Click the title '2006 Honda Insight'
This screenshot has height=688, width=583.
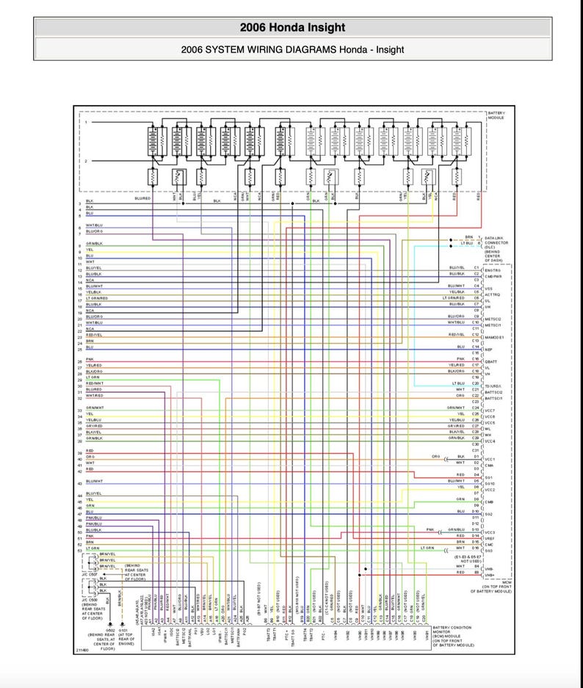point(291,28)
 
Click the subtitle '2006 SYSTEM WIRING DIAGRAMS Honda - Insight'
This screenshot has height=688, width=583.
point(291,49)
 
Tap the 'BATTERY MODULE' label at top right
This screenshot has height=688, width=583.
point(496,115)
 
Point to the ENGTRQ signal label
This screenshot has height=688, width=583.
point(493,270)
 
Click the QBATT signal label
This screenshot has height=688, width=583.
point(492,361)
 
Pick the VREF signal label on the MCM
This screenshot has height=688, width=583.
point(490,538)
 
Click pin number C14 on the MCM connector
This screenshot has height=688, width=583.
point(476,347)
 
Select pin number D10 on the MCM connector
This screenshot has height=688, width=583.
point(476,512)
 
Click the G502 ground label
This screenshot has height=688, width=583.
point(111,630)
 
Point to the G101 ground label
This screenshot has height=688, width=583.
point(126,630)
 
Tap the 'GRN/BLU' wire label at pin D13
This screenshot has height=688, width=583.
point(456,529)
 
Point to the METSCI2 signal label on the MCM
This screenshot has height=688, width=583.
point(493,319)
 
